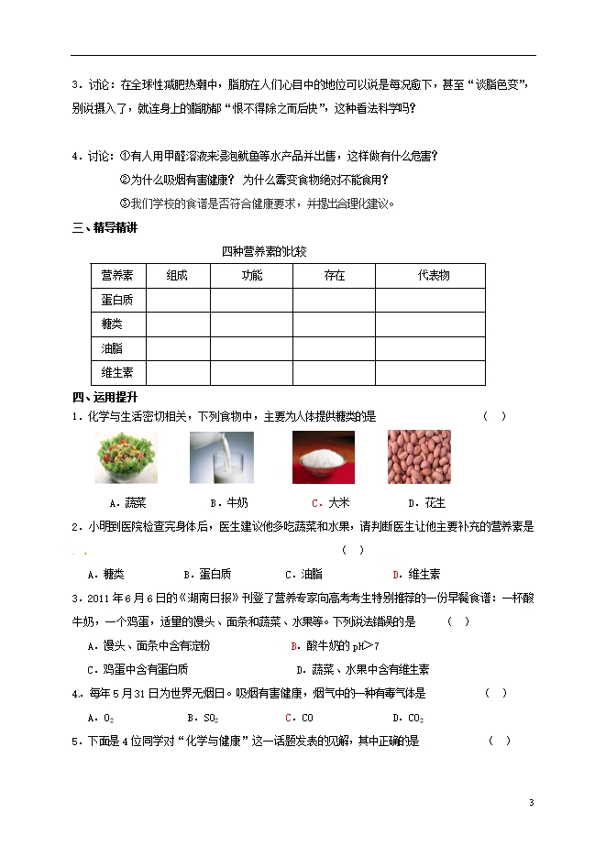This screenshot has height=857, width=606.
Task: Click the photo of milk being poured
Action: (x=222, y=457)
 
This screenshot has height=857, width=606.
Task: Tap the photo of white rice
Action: (x=323, y=457)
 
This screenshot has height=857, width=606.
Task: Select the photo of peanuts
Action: (x=419, y=457)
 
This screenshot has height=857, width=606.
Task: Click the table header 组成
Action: (x=177, y=276)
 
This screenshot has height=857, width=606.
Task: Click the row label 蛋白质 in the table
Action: (x=117, y=300)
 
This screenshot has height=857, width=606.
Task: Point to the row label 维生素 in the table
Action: (x=117, y=372)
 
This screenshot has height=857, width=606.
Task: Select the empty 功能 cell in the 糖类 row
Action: (x=251, y=324)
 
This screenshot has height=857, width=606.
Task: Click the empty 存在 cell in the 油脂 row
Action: (x=334, y=348)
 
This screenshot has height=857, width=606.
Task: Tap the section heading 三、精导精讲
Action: (x=105, y=228)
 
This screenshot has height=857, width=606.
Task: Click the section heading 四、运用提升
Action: (x=105, y=397)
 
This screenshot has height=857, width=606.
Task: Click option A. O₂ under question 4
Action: (x=100, y=718)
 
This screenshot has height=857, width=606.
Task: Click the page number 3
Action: (x=532, y=803)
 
